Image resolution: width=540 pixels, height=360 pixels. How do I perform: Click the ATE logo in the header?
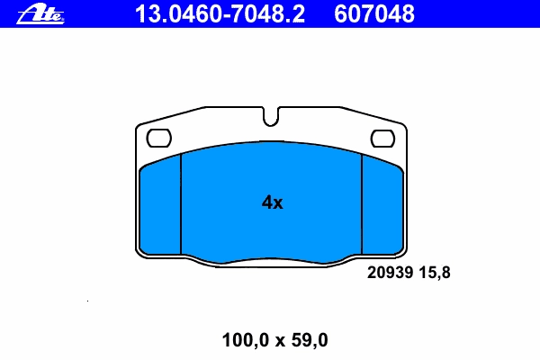[x=40, y=14]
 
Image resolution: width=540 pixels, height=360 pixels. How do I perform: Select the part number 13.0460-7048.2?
[x=220, y=14]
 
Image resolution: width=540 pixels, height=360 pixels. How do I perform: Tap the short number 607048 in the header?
[x=374, y=14]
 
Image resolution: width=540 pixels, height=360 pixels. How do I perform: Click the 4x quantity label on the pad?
[x=272, y=202]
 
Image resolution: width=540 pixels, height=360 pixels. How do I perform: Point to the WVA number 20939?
[x=390, y=273]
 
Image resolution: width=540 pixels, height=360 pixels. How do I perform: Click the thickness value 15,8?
[x=435, y=273]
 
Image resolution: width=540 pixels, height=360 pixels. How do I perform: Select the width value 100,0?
[x=245, y=340]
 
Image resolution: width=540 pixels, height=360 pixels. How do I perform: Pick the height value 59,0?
[x=310, y=340]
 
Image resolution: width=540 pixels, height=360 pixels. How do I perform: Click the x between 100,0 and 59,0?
[x=280, y=341]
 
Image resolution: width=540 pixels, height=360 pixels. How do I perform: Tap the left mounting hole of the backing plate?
[x=158, y=138]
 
